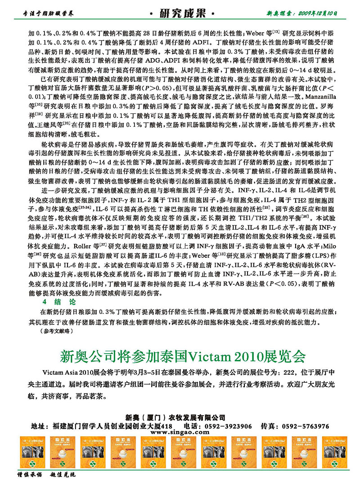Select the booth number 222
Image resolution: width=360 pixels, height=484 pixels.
[290, 373]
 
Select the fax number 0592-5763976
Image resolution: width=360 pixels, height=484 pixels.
[307, 426]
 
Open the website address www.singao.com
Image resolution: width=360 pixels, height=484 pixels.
[180, 432]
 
